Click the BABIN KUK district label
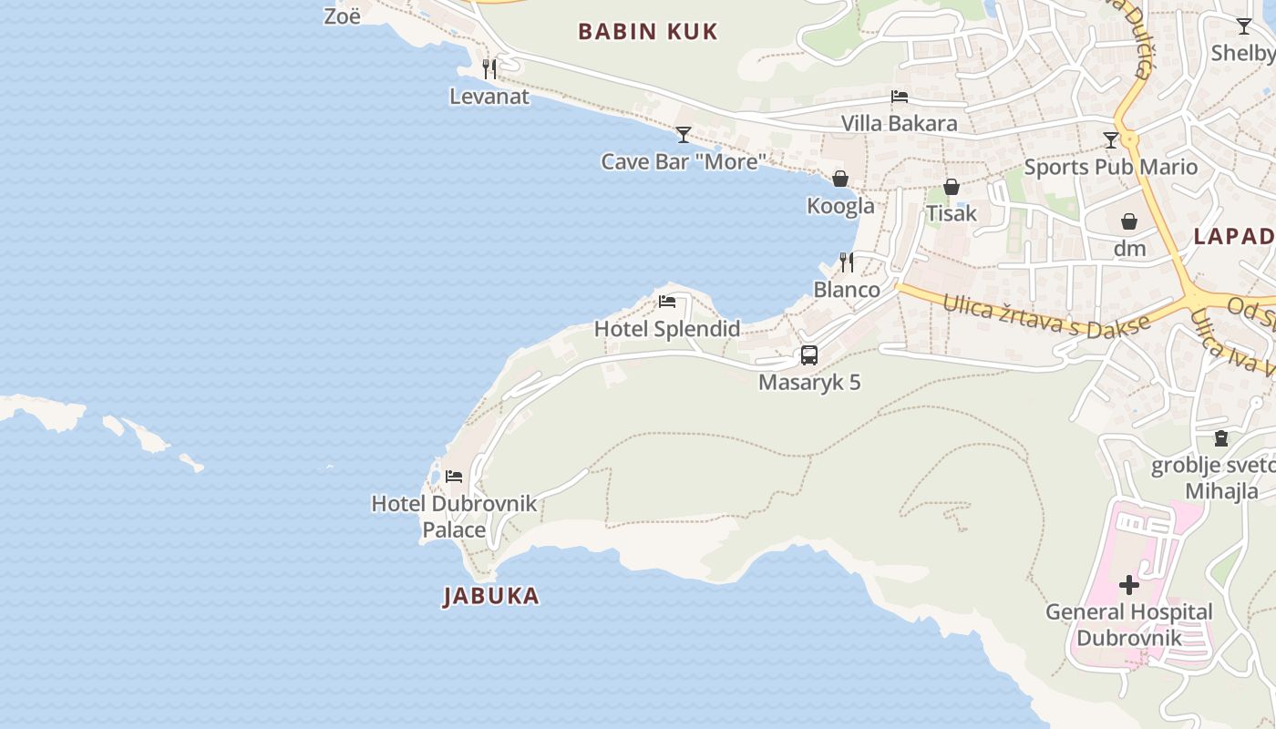[648, 32]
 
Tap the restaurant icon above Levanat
[489, 68]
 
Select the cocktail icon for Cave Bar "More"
[684, 135]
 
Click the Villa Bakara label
[899, 123]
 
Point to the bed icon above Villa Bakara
[900, 97]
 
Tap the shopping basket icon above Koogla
[840, 179]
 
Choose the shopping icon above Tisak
[952, 187]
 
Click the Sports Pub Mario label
[1110, 167]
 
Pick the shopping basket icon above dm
[1129, 221]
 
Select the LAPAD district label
[1234, 237]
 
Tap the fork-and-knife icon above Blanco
[847, 262]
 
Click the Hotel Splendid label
[667, 329]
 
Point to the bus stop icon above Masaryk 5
[809, 355]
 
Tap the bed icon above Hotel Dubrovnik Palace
[454, 476]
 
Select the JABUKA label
[491, 596]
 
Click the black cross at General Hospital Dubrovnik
[1129, 585]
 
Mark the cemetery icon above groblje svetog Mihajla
[1221, 438]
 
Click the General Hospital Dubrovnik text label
[1128, 624]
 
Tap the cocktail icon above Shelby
[1244, 26]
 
